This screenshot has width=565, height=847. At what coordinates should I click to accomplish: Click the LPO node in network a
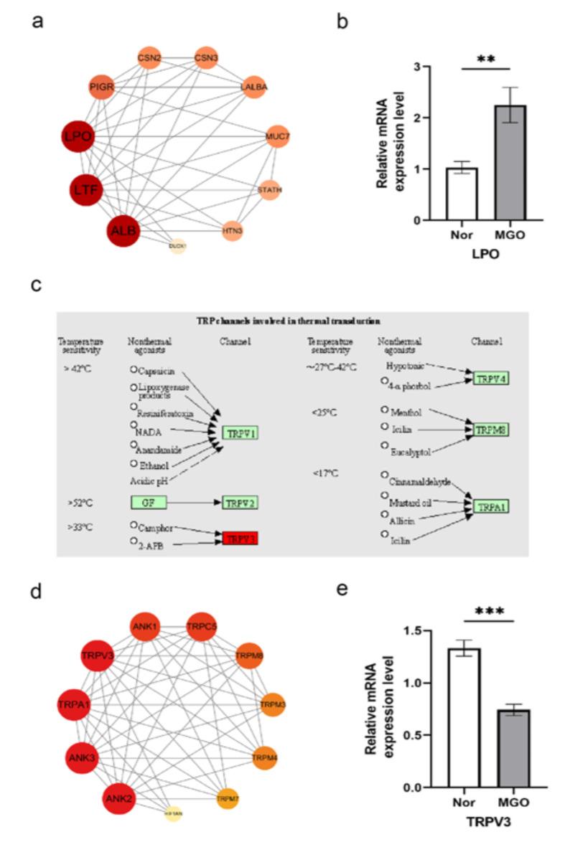77,137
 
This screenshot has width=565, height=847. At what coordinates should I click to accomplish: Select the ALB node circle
123,230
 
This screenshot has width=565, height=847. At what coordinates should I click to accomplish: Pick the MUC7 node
277,136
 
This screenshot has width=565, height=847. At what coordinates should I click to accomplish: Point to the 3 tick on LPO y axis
416,67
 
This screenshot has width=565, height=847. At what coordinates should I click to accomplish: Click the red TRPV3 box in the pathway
239,538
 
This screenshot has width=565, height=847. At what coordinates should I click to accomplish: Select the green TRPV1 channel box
240,432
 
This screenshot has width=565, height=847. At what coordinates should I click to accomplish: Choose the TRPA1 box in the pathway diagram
490,506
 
